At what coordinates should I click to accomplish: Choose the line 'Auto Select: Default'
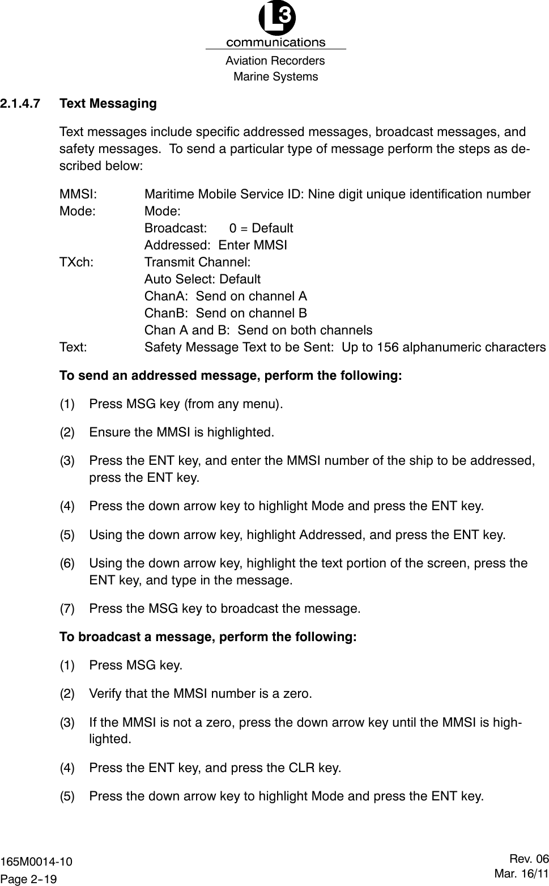coord(202,279)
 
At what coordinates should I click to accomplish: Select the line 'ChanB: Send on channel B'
coord(225,313)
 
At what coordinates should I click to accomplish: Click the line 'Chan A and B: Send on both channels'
coord(258,330)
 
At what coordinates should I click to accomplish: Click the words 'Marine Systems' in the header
coord(276,77)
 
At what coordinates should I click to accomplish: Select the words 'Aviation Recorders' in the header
coord(275,61)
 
